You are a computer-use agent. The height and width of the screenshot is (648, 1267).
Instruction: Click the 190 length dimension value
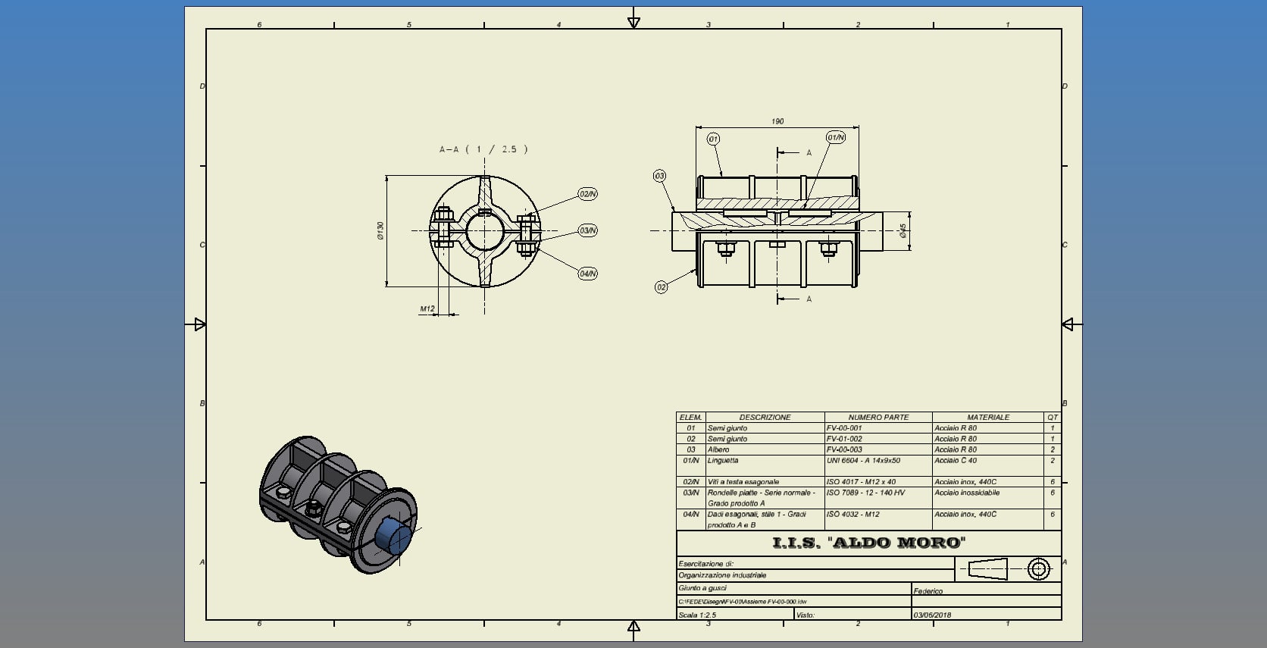pos(777,121)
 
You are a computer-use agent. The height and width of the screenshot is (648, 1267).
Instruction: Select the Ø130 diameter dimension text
pos(380,230)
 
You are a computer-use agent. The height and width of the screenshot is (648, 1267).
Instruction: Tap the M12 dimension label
pos(427,308)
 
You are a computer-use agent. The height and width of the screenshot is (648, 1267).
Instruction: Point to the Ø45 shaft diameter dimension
pos(903,230)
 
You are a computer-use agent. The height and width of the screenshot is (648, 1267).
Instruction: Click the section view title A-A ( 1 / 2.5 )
pos(483,149)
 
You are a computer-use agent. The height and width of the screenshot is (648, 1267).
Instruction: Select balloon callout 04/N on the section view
pos(587,274)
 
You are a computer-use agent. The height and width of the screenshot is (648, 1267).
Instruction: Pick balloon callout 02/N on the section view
pos(587,194)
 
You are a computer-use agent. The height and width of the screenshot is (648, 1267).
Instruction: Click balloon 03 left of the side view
pos(659,176)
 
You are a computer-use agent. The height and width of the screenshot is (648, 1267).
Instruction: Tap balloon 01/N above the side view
pos(835,137)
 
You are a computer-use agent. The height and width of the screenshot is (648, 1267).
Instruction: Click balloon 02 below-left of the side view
pos(661,287)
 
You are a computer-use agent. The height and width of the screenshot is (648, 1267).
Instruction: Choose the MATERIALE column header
pos(987,418)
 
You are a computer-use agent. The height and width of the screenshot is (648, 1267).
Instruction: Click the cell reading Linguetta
pos(723,461)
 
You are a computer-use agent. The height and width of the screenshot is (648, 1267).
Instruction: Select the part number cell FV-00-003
pos(844,449)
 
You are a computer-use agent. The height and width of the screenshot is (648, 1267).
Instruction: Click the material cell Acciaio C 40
pos(955,461)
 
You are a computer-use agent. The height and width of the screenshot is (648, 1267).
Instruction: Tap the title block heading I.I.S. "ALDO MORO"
pos(868,543)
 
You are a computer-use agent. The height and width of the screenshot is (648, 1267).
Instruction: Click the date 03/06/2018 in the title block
pos(932,615)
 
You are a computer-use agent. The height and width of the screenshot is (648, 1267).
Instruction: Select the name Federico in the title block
pos(928,591)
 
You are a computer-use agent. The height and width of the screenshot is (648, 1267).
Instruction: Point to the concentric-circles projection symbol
pos(1038,568)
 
